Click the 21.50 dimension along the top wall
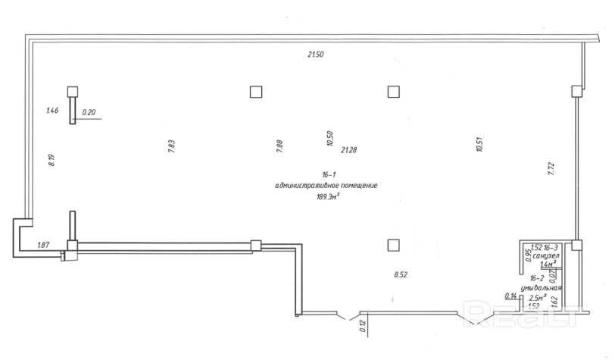[x=315, y=55]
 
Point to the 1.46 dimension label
[x=52, y=111]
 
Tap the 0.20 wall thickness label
[x=89, y=113]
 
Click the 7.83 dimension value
[x=172, y=146]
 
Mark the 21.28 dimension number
[x=348, y=149]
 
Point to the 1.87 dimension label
[x=44, y=244]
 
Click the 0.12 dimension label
[x=363, y=327]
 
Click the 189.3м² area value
[x=327, y=196]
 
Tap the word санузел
[x=546, y=256]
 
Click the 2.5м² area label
[x=538, y=298]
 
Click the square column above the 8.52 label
[x=392, y=244]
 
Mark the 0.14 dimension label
[x=510, y=296]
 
